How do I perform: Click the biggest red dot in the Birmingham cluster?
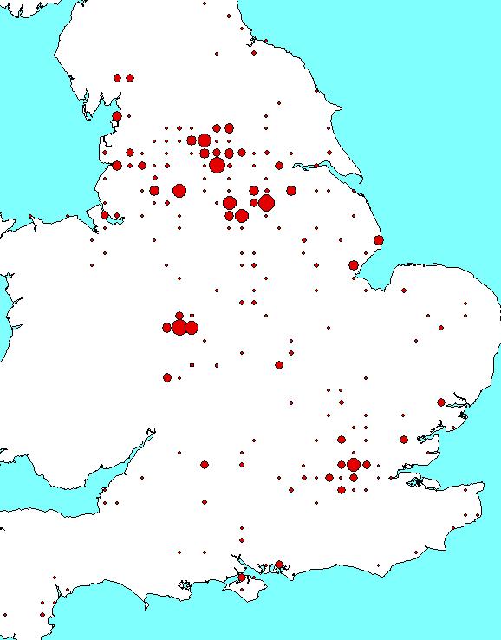coord(179,327)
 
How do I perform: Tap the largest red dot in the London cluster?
coord(354,465)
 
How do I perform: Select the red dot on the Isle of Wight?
coord(242,577)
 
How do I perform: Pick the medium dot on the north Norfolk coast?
coord(379,240)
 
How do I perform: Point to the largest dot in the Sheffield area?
coord(266,202)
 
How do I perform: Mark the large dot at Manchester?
coord(179,190)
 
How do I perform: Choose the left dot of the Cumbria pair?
coord(117,78)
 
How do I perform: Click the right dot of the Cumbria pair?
coord(130,78)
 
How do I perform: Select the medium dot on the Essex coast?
coord(441,402)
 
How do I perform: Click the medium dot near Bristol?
coord(205,465)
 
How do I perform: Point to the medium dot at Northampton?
coord(279,365)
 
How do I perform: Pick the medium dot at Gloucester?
coord(167,377)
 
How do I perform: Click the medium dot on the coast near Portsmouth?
coord(279,564)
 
